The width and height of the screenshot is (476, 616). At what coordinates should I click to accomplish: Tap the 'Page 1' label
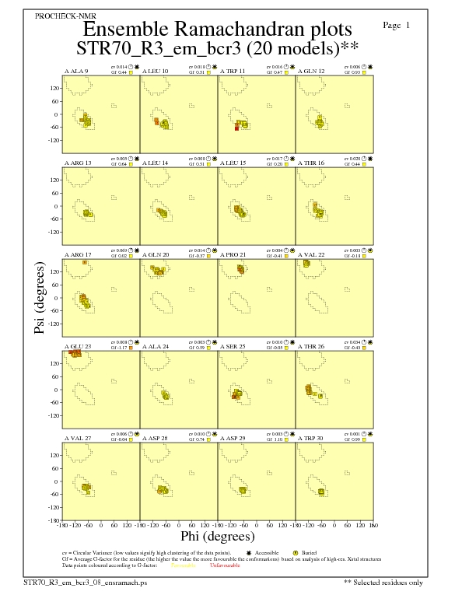pos(397,26)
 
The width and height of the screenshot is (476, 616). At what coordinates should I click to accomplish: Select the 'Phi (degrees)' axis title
pos(217,536)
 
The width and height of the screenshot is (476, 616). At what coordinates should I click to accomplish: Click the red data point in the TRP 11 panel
pos(236,128)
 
